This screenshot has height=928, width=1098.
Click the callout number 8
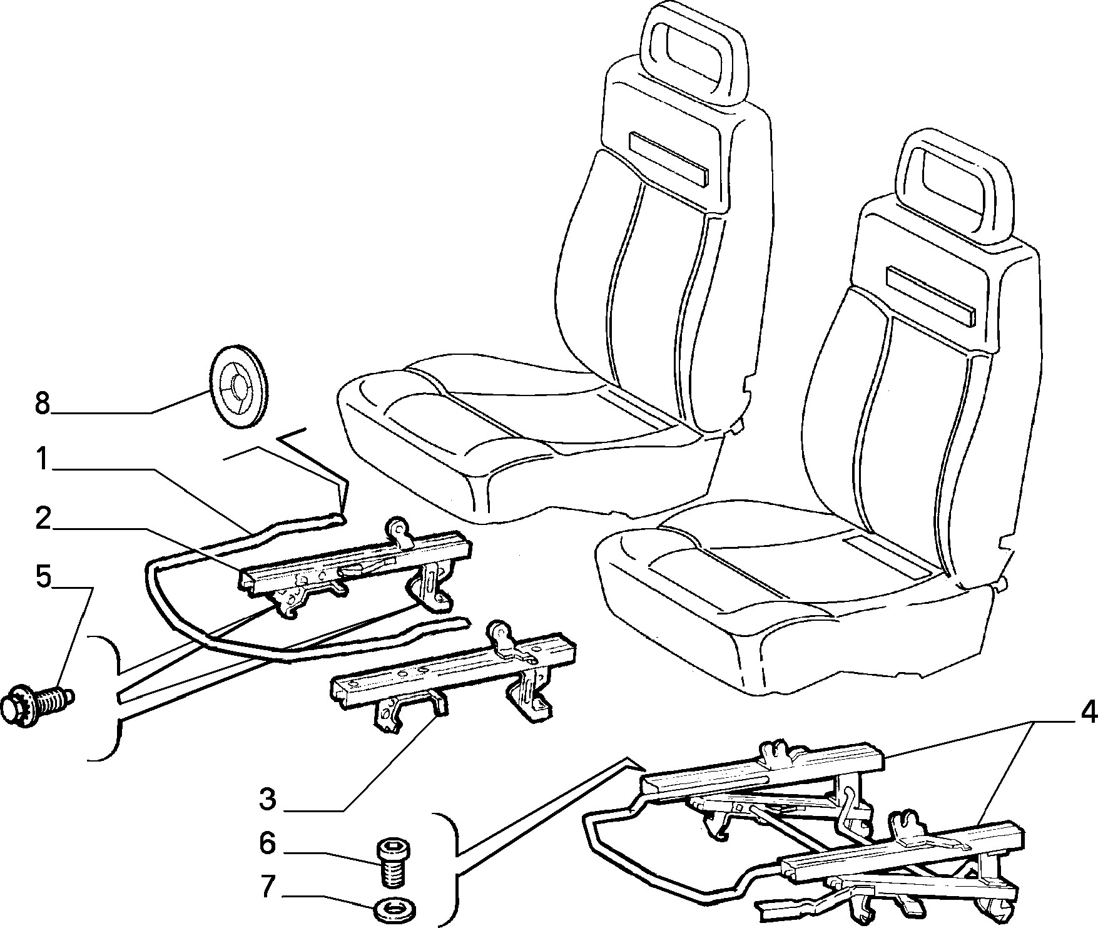(42, 404)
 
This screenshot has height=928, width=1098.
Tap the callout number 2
(42, 519)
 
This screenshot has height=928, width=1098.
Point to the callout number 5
(43, 577)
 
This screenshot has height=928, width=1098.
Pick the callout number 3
(267, 798)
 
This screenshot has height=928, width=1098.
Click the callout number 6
(267, 844)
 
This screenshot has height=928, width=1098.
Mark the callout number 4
(1088, 711)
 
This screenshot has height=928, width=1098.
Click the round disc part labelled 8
(239, 386)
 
